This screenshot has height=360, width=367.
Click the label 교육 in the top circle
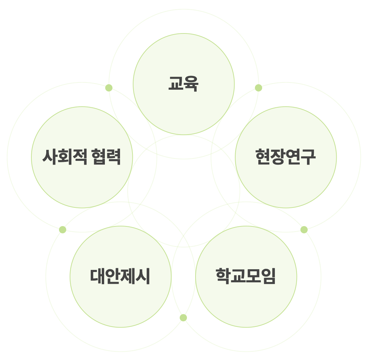[x=183, y=84]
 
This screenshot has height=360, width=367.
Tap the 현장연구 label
[x=286, y=157]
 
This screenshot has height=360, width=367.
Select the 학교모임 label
[x=246, y=276]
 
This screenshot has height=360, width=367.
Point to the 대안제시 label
[x=120, y=276]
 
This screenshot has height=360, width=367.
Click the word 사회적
[x=65, y=157]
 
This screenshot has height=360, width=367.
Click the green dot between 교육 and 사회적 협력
[x=109, y=88]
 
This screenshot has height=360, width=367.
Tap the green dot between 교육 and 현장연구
[x=258, y=88]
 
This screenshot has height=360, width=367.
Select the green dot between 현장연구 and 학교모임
[x=304, y=230]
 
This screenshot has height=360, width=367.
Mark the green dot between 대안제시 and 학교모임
[x=183, y=318]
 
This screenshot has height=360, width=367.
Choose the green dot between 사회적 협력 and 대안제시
[x=62, y=230]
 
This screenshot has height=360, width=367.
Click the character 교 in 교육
[x=176, y=84]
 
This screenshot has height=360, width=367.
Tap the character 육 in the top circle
[x=191, y=84]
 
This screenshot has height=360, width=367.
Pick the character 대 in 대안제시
[x=98, y=276]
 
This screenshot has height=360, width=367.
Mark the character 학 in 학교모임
[x=223, y=276]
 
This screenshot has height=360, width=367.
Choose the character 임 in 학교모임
[x=269, y=276]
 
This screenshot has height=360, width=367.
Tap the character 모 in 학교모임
[x=254, y=276]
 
